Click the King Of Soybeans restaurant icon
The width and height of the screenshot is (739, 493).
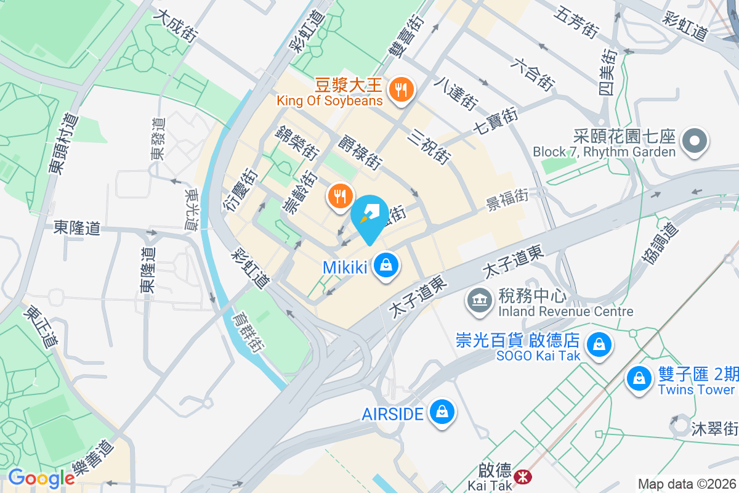(402, 90)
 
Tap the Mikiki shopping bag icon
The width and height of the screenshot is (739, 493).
(386, 266)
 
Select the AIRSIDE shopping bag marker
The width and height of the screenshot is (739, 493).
(441, 412)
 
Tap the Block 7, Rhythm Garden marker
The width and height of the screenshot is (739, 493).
(694, 142)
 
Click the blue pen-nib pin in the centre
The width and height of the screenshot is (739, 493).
(369, 218)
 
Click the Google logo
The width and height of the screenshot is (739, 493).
(41, 478)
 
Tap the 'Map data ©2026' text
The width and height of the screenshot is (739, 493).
(686, 484)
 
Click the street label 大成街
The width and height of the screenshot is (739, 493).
(176, 25)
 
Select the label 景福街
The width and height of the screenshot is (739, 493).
(507, 198)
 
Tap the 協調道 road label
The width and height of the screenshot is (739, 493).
(660, 245)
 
